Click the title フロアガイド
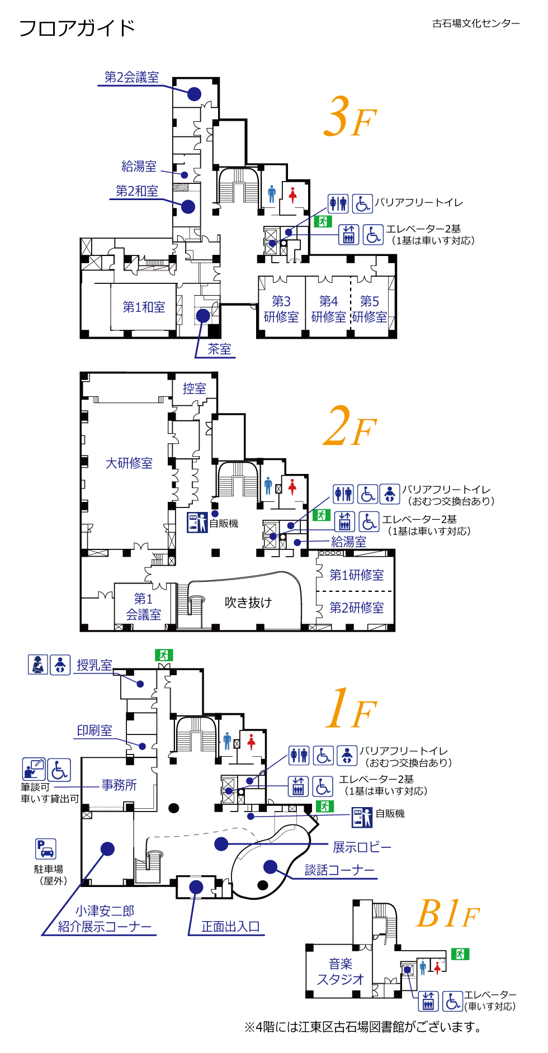(77, 28)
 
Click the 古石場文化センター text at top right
(476, 23)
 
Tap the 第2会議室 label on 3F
(132, 77)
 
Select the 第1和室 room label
(144, 307)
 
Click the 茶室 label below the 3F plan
(219, 349)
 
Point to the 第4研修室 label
(328, 309)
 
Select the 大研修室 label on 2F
(129, 463)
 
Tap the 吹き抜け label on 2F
(248, 602)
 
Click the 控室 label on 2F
(194, 388)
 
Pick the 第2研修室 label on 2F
(356, 608)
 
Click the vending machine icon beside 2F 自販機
(197, 523)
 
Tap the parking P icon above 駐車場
(46, 849)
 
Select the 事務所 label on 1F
(119, 785)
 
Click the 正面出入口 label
(230, 927)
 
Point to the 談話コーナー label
(339, 870)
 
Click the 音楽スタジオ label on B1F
(340, 971)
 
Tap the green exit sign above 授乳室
(164, 655)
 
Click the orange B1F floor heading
(448, 914)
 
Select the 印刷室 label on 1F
(95, 730)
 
